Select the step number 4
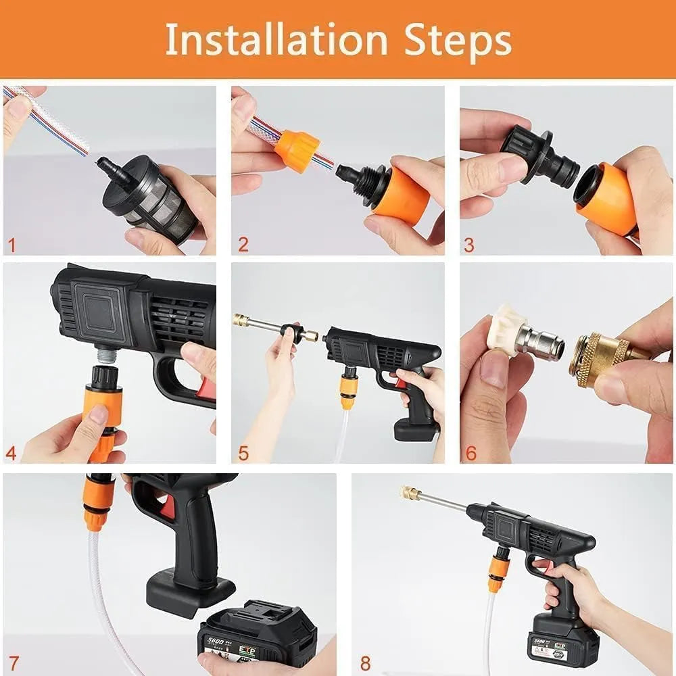(11, 452)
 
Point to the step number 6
(470, 452)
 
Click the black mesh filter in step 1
(158, 199)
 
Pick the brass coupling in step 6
(595, 358)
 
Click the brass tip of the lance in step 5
(240, 320)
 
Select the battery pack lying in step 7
(257, 635)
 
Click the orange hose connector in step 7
(97, 504)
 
